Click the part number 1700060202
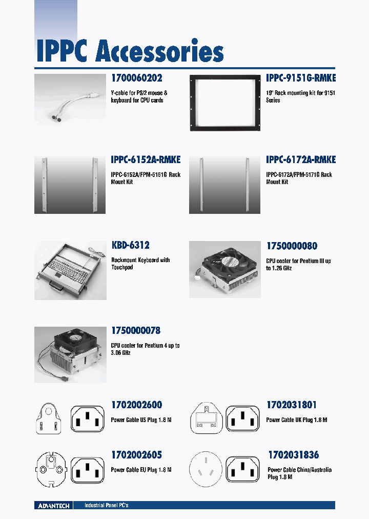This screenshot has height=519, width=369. [x=136, y=78]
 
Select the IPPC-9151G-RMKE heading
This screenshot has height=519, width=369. [x=301, y=78]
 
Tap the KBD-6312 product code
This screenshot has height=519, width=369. [x=130, y=246]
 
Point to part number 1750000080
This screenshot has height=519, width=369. [x=292, y=246]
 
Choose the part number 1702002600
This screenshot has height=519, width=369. [x=136, y=405]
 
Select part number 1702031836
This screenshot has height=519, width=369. [x=293, y=455]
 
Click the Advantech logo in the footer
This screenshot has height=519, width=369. [x=54, y=506]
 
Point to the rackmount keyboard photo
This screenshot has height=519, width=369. [x=70, y=270]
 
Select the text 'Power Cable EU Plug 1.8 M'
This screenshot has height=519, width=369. [x=141, y=470]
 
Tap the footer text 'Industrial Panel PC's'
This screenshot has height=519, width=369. [x=106, y=506]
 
